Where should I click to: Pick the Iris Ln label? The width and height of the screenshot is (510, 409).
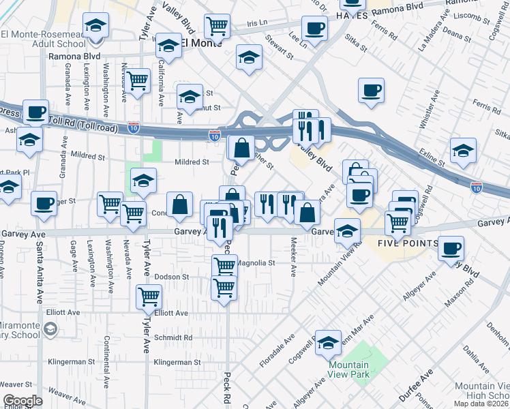(257, 22)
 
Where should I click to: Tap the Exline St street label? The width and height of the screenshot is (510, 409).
(431, 157)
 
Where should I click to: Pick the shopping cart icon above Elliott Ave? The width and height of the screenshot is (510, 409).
(149, 296)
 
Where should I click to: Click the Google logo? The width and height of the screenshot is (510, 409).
(22, 401)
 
